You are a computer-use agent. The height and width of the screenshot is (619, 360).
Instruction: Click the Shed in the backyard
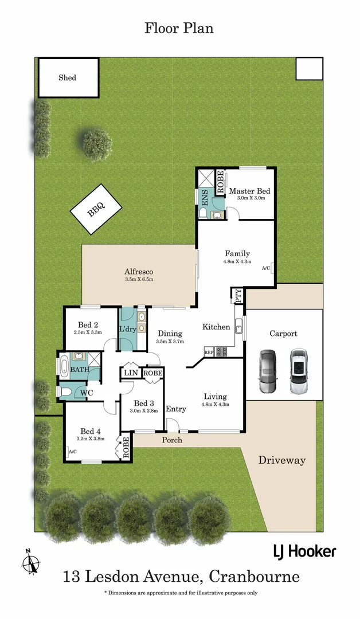coord(67,77)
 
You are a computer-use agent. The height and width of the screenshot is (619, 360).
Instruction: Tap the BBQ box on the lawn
coord(96,209)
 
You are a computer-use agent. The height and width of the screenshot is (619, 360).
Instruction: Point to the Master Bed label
coord(249,191)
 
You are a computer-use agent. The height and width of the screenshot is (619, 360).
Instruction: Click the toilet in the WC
coord(65,393)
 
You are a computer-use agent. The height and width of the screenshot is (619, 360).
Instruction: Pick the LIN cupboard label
coord(130,373)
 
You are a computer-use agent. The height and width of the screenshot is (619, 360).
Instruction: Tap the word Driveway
coord(281,460)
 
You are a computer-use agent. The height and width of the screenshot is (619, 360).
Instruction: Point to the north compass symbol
coord(29,561)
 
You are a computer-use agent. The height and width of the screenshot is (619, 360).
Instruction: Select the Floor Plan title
coord(179,28)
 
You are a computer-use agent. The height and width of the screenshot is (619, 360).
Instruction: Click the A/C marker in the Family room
coord(266,268)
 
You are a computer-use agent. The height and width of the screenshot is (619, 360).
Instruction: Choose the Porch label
coord(172,440)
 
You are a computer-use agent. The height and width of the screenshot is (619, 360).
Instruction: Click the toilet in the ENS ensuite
coord(203,213)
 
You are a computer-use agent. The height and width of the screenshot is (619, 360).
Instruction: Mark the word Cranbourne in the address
coord(254,576)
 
